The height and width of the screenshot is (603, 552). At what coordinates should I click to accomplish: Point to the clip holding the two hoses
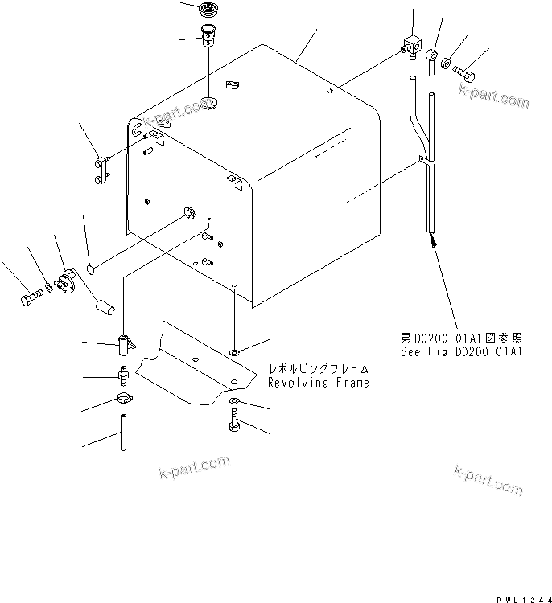tap(425, 162)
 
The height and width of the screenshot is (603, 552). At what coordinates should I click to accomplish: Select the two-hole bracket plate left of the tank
tap(101, 170)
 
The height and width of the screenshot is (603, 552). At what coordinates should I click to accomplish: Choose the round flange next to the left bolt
tap(66, 281)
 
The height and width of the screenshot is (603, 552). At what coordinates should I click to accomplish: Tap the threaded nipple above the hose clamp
tap(122, 375)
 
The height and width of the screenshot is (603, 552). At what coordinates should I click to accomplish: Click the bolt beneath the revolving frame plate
tap(233, 423)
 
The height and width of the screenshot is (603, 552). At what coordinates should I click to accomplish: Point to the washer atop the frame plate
tap(233, 352)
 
